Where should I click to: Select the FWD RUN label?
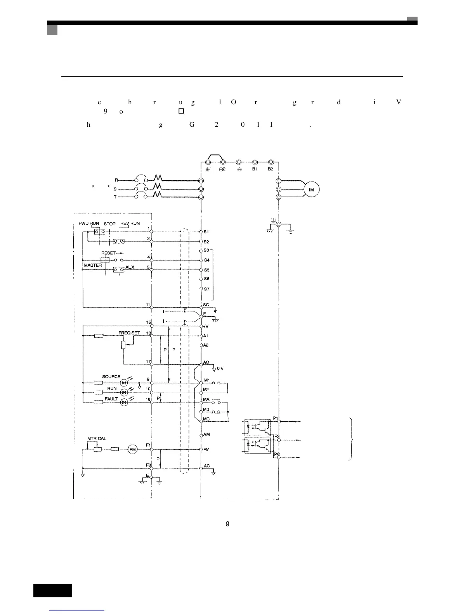coord(89,224)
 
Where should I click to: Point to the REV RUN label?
coord(130,224)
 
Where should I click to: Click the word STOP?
coord(110,224)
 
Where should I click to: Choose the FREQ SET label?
coord(129,333)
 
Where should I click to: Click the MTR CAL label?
coord(97,438)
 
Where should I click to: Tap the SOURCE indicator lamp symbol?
coord(124,383)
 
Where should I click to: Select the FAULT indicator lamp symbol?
coord(124,403)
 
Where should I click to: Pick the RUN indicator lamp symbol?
coord(124,393)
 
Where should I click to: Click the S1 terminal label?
coord(206,232)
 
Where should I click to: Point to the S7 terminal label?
coord(207,289)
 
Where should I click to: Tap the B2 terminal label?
coord(270,169)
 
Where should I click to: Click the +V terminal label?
coord(206,326)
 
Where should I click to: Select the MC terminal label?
coord(206,419)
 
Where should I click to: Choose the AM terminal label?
coord(206,435)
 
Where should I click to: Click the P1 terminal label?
coord(276,418)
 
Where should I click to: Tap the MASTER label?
coord(93,265)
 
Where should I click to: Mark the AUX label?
coord(130,267)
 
